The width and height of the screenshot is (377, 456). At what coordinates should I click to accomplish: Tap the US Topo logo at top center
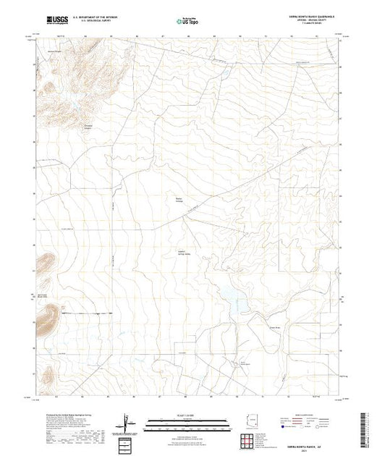(187, 22)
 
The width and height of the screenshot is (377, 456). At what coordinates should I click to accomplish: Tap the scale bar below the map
(187, 423)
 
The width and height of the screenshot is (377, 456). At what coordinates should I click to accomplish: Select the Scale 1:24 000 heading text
(187, 415)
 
